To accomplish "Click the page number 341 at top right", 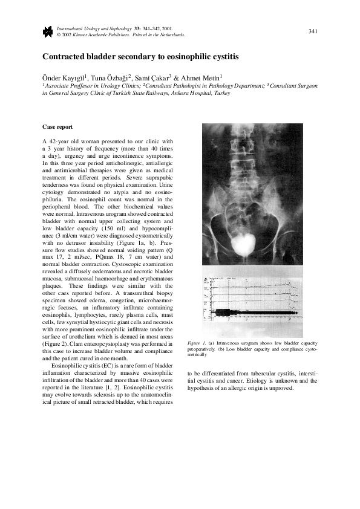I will coord(313,31).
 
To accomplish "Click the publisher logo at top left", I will coord(47,31).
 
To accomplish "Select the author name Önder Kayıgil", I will coord(64,78).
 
